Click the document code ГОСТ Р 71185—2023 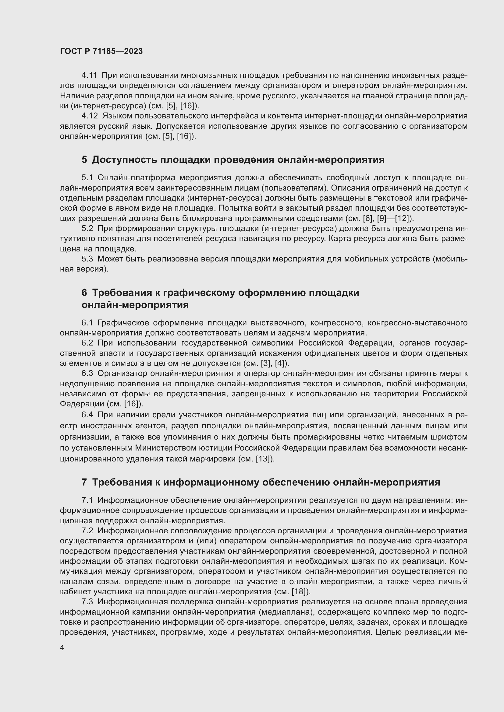click(x=101, y=51)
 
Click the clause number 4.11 click(x=89, y=75)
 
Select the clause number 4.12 click(x=89, y=116)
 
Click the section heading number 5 click(x=84, y=160)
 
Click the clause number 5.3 click(x=87, y=259)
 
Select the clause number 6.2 click(x=87, y=343)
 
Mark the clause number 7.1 click(x=87, y=500)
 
